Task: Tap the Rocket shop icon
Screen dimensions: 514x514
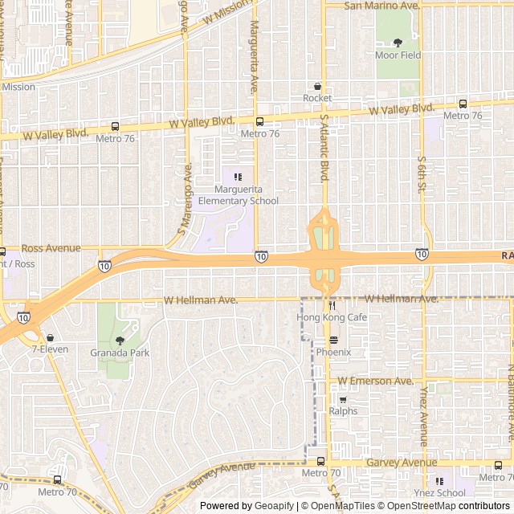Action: (317, 86)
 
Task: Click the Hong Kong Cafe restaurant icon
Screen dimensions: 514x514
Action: (331, 305)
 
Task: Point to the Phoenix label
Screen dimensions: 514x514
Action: (333, 353)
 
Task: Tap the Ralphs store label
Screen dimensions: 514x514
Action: (343, 411)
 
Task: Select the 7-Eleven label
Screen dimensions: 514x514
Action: (50, 349)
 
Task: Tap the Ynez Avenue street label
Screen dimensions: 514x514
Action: (423, 418)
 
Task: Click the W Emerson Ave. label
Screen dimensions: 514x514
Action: (375, 380)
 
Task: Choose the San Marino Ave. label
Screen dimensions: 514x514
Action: (382, 6)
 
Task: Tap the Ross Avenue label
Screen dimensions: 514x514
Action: (51, 248)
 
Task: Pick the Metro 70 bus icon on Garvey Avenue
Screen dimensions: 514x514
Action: (320, 461)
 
